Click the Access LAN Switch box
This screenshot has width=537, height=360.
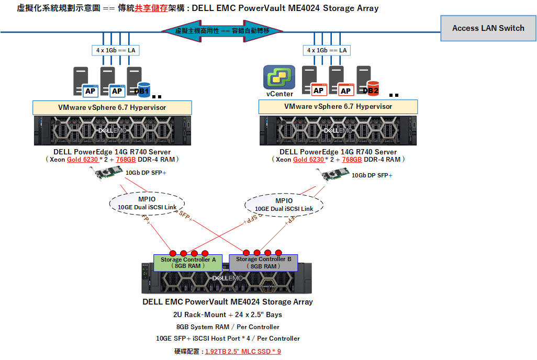point(488,28)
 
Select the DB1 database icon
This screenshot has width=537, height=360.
point(143,89)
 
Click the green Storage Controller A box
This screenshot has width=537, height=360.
point(188,263)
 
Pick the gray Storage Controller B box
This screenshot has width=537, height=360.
point(263,263)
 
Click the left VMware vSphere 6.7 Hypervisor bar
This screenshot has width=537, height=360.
point(112,107)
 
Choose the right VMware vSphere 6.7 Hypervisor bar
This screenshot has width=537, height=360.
point(338,107)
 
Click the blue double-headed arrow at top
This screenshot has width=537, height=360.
point(222,31)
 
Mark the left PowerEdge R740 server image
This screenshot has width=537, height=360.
point(112,131)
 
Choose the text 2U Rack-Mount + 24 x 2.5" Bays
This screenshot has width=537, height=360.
point(227,314)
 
